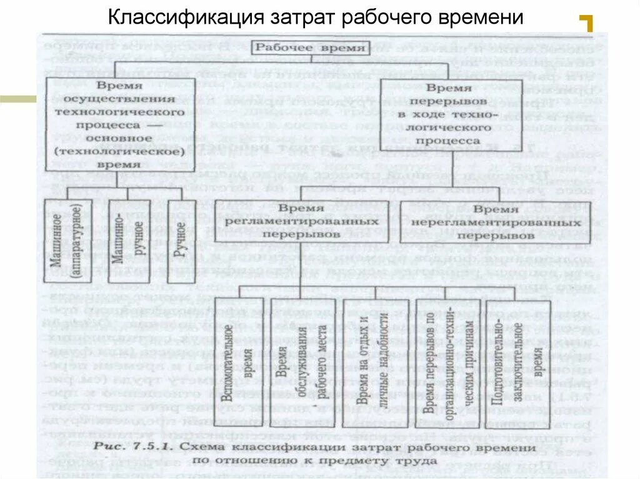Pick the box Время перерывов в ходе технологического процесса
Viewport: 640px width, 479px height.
[x=452, y=113]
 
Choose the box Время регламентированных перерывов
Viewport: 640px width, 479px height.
[x=301, y=221]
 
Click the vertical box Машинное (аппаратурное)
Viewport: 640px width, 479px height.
[x=68, y=239]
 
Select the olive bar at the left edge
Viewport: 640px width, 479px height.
[x=18, y=98]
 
